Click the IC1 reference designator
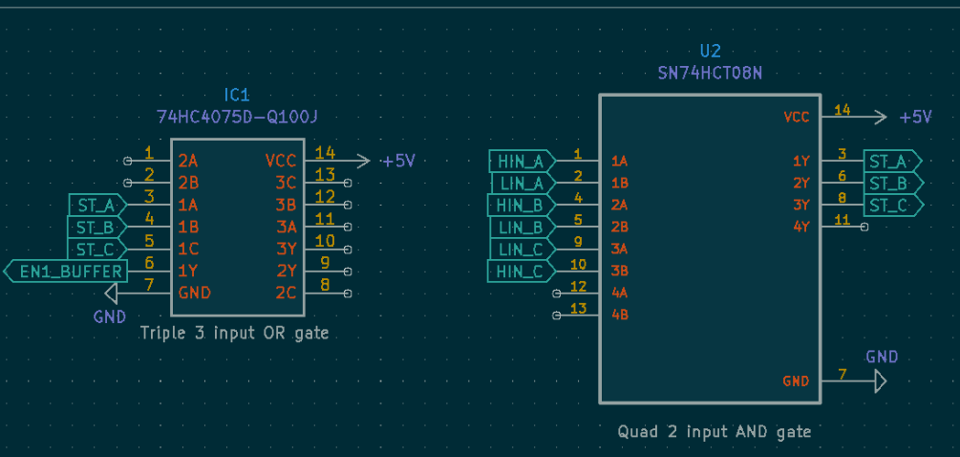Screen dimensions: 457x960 click(237, 96)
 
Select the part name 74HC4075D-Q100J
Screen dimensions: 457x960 click(237, 117)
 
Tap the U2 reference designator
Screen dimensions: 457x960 click(710, 52)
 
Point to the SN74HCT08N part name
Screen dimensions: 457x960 click(710, 73)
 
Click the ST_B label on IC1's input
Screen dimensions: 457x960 click(96, 228)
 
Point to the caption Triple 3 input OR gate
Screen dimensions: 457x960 click(234, 334)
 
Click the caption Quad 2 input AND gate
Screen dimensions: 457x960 click(715, 432)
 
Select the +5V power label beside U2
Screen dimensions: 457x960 click(915, 117)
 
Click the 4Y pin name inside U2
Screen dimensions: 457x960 click(801, 228)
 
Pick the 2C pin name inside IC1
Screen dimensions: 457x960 click(286, 293)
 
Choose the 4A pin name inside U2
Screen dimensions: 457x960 click(620, 293)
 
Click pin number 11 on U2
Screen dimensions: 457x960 click(842, 220)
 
